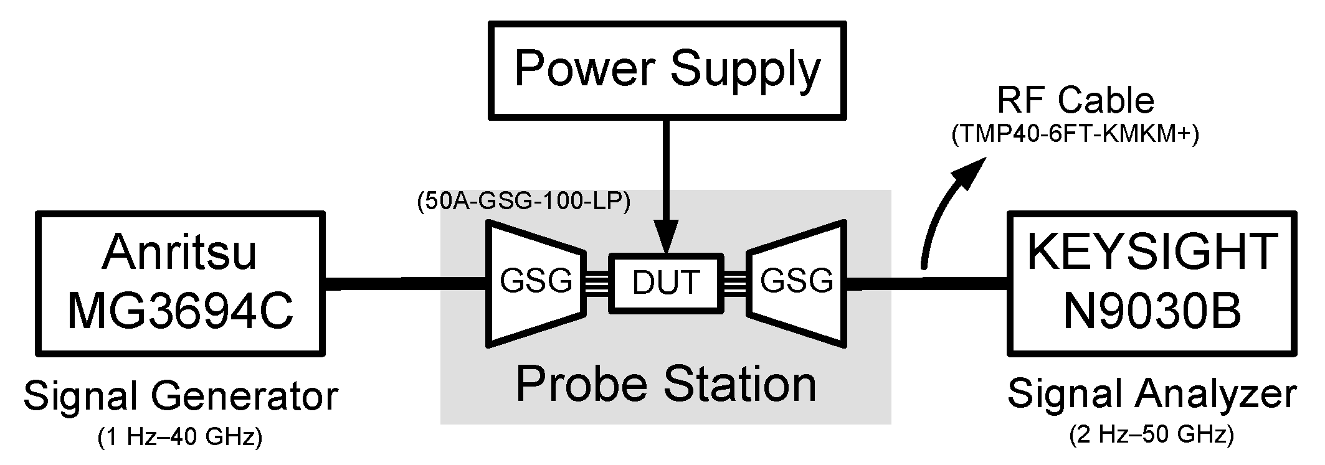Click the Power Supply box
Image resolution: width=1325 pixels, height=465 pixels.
[667, 70]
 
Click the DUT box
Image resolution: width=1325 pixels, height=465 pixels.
[666, 283]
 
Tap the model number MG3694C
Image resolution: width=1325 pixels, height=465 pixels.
[180, 311]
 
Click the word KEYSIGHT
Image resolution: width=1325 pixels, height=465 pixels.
[1152, 252]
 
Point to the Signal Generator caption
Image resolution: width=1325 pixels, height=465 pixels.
[180, 396]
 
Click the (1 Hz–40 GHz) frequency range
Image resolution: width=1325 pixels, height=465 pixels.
[180, 438]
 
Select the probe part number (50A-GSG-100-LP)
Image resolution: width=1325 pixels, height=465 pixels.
[523, 202]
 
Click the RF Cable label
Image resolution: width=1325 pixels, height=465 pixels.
[1075, 100]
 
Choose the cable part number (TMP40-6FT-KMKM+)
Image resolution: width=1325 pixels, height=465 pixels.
[1075, 135]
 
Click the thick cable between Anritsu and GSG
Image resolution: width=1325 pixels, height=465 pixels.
[405, 284]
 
